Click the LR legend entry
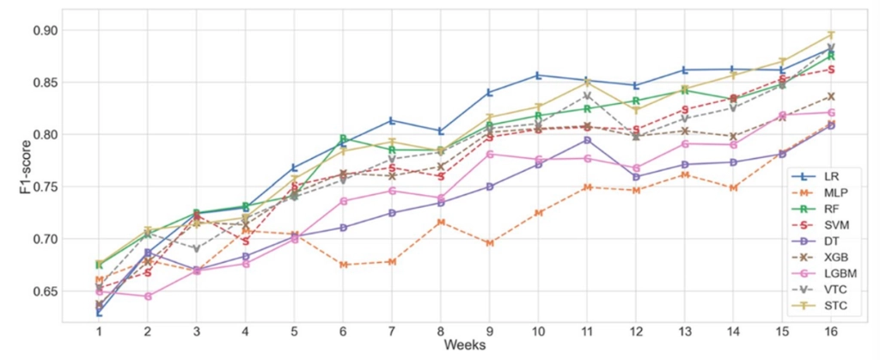click(x=816, y=176)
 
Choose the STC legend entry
click(x=819, y=306)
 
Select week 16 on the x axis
click(x=831, y=332)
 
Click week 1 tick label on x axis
click(x=99, y=332)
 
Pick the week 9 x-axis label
click(x=489, y=332)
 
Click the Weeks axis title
click(x=465, y=345)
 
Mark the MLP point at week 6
click(x=343, y=265)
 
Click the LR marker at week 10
click(x=538, y=75)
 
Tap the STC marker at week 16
click(x=831, y=34)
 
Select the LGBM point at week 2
click(x=148, y=296)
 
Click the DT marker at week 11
click(x=587, y=140)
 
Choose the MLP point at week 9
click(x=489, y=243)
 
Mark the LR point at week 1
click(x=99, y=313)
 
